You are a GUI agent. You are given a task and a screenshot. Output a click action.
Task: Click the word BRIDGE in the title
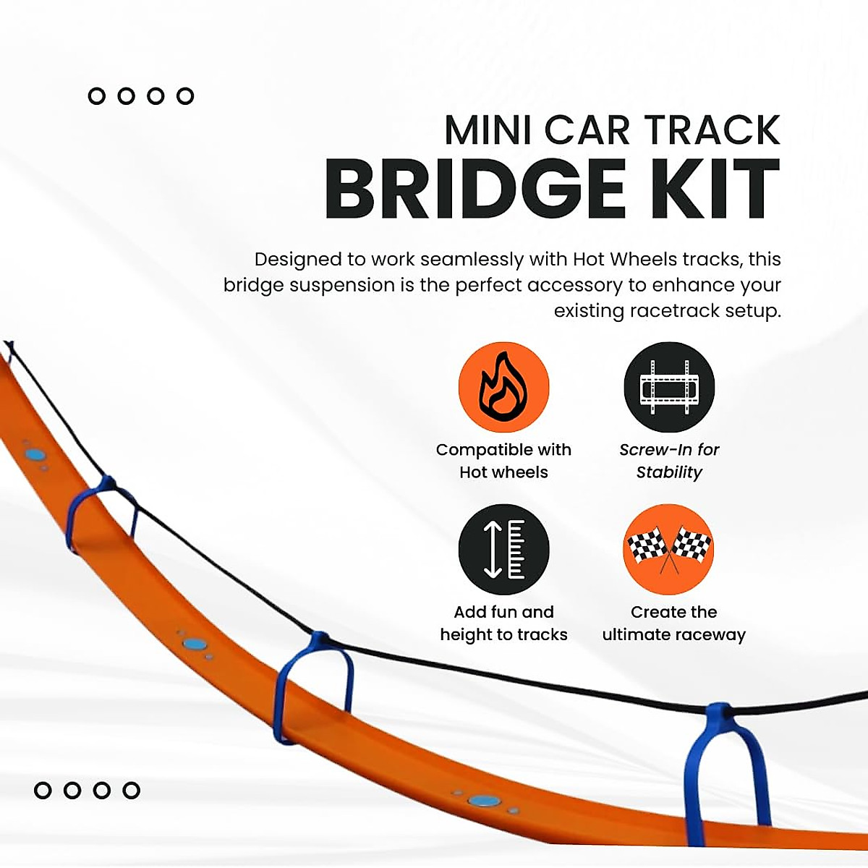pyautogui.click(x=475, y=190)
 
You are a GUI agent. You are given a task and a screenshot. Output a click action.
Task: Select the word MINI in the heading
pyautogui.click(x=489, y=130)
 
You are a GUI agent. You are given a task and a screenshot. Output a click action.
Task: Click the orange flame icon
pyautogui.click(x=503, y=388)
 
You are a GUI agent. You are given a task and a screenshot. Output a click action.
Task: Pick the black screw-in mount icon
pyautogui.click(x=669, y=388)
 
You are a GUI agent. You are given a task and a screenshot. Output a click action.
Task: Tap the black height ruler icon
pyautogui.click(x=503, y=550)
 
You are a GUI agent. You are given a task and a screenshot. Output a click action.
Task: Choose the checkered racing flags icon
pyautogui.click(x=669, y=550)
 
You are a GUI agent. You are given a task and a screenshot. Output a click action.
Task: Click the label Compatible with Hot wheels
pyautogui.click(x=503, y=461)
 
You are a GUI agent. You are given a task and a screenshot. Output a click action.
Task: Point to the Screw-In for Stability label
pyautogui.click(x=669, y=461)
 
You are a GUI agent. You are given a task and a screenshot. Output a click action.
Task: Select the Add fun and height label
pyautogui.click(x=503, y=623)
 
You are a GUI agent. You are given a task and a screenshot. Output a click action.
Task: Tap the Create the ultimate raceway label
pyautogui.click(x=673, y=623)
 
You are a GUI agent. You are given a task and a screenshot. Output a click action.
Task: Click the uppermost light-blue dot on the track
pyautogui.click(x=35, y=455)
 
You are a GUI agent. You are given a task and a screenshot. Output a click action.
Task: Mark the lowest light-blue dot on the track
pyautogui.click(x=483, y=801)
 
